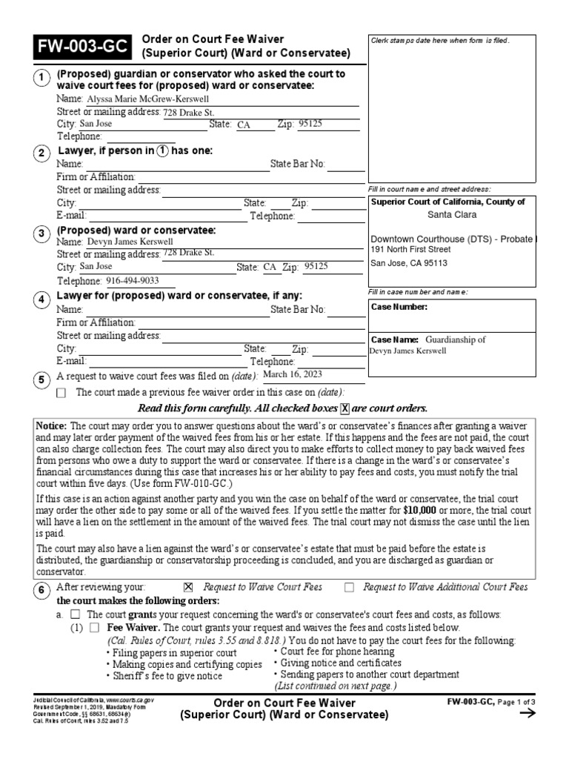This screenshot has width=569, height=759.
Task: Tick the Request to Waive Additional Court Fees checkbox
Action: click(x=349, y=588)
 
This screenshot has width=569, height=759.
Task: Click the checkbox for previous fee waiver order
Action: click(x=61, y=393)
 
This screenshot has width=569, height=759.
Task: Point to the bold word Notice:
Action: click(x=52, y=425)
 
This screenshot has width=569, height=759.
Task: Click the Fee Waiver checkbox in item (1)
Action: click(x=94, y=627)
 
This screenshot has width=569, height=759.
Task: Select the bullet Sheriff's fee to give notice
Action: click(x=166, y=677)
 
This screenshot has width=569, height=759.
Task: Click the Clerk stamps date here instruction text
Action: click(x=440, y=40)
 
